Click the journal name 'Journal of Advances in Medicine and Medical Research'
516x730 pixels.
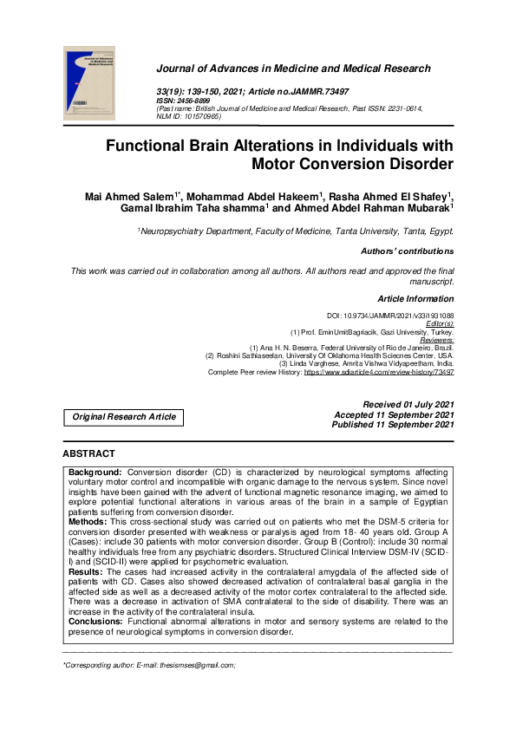pos(292,68)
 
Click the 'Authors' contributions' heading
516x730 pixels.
pos(407,251)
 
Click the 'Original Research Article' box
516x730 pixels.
pos(124,417)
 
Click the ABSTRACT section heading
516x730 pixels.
pos(88,453)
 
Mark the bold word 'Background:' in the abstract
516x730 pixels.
pos(96,473)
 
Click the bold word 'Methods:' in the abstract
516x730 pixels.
pos(88,522)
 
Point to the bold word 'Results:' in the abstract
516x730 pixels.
pos(87,572)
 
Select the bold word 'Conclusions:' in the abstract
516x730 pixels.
pos(95,621)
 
